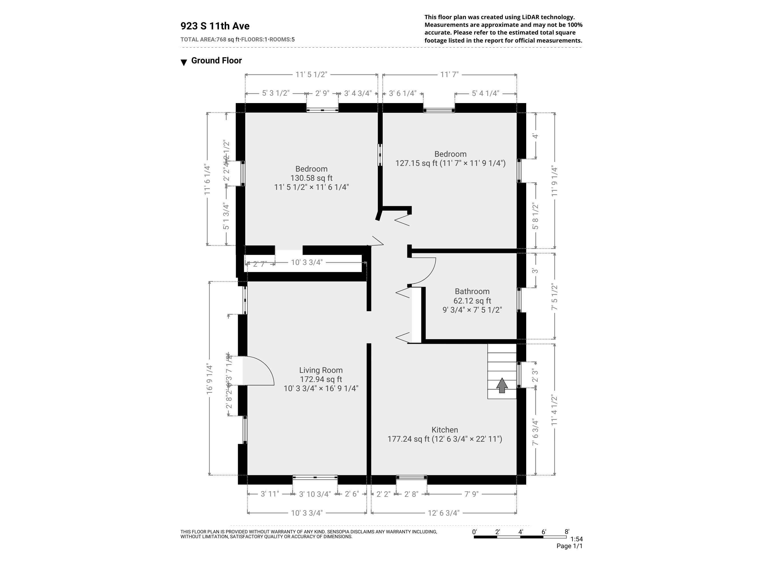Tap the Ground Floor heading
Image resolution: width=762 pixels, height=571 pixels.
pyautogui.click(x=216, y=61)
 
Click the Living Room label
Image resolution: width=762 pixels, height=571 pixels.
pyautogui.click(x=321, y=370)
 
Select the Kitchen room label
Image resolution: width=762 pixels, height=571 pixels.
pyautogui.click(x=444, y=430)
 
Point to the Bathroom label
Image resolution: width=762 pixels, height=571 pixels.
pyautogui.click(x=472, y=291)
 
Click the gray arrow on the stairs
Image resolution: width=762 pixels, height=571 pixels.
pyautogui.click(x=502, y=385)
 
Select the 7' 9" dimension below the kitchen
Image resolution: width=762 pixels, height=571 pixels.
pyautogui.click(x=471, y=494)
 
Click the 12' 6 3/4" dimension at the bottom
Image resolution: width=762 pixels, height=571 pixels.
pyautogui.click(x=443, y=513)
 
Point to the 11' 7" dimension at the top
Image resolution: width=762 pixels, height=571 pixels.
pyautogui.click(x=449, y=74)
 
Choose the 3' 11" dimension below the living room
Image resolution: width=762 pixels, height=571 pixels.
pyautogui.click(x=270, y=494)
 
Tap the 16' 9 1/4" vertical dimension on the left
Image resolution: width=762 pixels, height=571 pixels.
pyautogui.click(x=210, y=379)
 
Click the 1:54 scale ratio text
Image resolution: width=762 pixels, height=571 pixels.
pyautogui.click(x=576, y=539)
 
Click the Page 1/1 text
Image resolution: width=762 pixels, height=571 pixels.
pyautogui.click(x=569, y=546)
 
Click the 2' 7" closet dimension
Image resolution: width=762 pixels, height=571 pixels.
pyautogui.click(x=260, y=264)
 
